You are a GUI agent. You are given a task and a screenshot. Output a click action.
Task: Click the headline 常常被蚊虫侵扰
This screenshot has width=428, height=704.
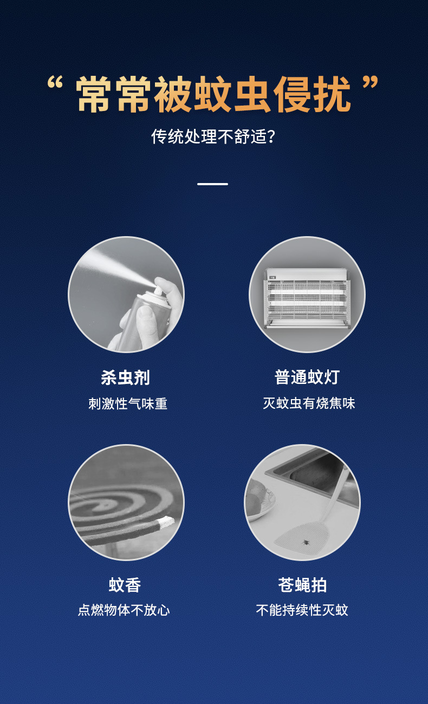click(x=213, y=94)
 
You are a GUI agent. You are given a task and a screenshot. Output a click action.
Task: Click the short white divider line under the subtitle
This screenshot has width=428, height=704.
click(x=212, y=184)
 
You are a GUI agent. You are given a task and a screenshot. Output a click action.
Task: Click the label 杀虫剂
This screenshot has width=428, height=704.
click(x=126, y=377)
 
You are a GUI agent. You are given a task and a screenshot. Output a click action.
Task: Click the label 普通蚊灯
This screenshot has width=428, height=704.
click(x=307, y=377)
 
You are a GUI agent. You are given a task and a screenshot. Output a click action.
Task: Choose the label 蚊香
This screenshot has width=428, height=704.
click(x=125, y=585)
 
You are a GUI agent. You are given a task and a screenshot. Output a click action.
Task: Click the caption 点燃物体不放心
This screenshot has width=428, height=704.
click(x=124, y=610)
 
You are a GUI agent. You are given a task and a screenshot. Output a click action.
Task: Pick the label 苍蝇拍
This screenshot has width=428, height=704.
click(x=302, y=585)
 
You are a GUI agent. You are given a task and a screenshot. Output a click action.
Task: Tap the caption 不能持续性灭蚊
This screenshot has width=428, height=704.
click(x=302, y=610)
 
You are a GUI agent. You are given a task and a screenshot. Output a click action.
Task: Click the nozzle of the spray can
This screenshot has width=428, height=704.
click(x=158, y=291)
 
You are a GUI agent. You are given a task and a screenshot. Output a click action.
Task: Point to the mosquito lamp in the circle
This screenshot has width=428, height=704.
click(x=307, y=298)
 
